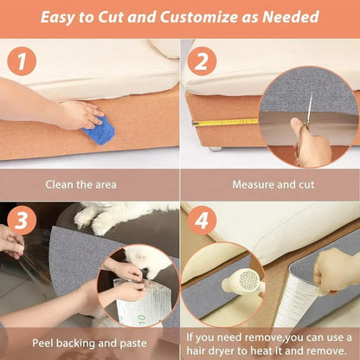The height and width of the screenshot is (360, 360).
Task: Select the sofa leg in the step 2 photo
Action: (213, 148)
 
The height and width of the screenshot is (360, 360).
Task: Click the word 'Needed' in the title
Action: (291, 16)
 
